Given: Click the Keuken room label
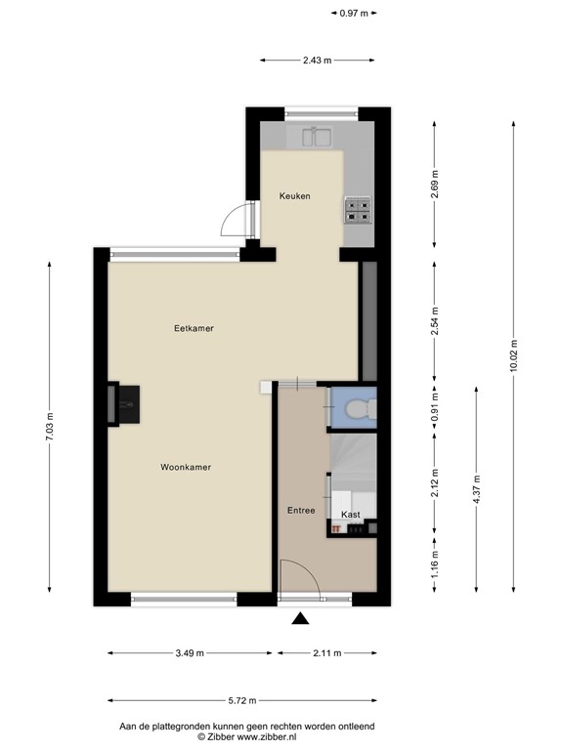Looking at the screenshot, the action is (294, 195).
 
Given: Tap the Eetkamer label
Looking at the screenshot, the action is (194, 328).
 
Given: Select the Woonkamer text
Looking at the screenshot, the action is (186, 467).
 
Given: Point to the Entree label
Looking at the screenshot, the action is (301, 511).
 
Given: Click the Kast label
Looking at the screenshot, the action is (351, 515).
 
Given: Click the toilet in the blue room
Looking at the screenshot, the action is (361, 408).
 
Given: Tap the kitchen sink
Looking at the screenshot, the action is (317, 137).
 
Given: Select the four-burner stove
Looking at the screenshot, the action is (358, 211).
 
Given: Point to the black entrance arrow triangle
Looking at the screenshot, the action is (300, 618).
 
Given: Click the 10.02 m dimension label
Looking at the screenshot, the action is (514, 355).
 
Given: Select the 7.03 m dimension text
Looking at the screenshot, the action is (50, 427).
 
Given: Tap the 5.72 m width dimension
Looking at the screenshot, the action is (242, 701).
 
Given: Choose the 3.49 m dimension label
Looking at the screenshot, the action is (190, 653).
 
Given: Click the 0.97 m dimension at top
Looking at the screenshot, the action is (354, 14).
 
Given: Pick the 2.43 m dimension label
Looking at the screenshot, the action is (317, 61).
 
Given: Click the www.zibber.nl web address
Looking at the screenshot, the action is (267, 737).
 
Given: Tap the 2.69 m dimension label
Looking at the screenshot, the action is (435, 185).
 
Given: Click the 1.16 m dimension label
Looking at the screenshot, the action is (435, 564).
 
